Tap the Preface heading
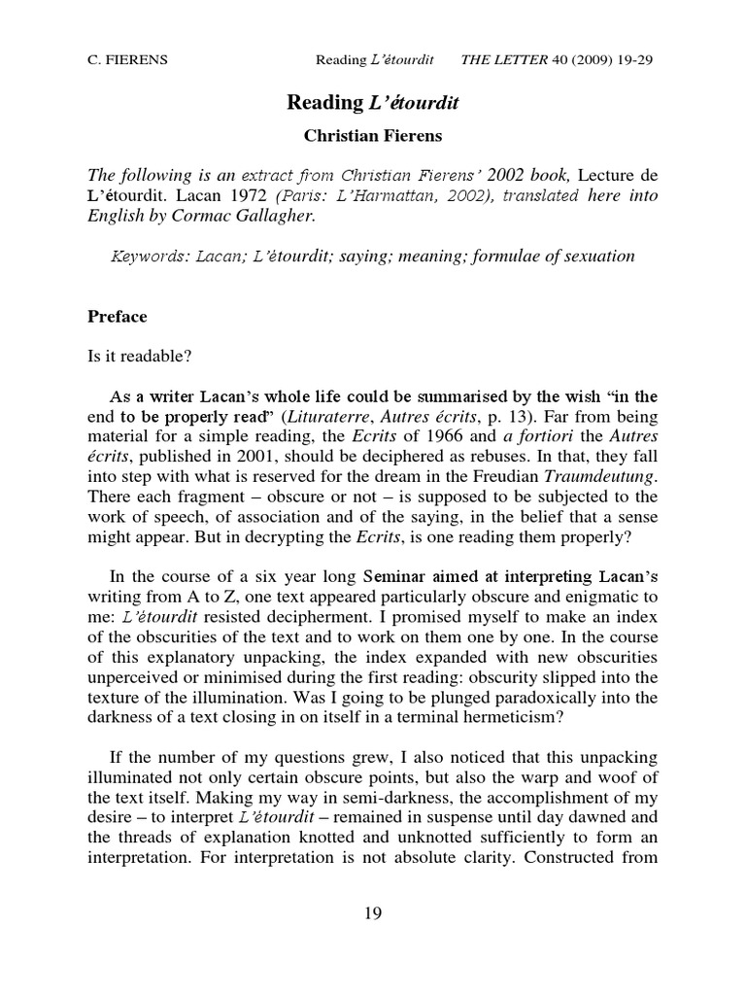click(118, 316)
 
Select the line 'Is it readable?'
click(140, 355)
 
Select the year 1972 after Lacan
click(251, 196)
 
